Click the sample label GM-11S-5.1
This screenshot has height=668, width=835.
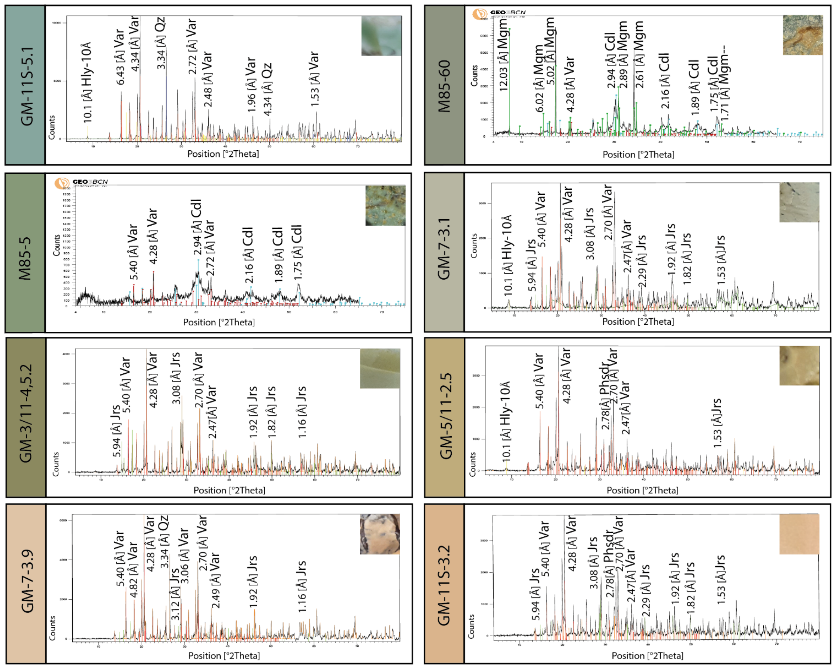pos(26,86)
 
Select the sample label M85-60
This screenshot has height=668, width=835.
pos(445,86)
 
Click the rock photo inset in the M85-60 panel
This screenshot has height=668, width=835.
pos(803,35)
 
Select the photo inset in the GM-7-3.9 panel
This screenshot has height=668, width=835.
pos(380,534)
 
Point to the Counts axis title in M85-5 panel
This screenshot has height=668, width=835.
pos(56,245)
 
